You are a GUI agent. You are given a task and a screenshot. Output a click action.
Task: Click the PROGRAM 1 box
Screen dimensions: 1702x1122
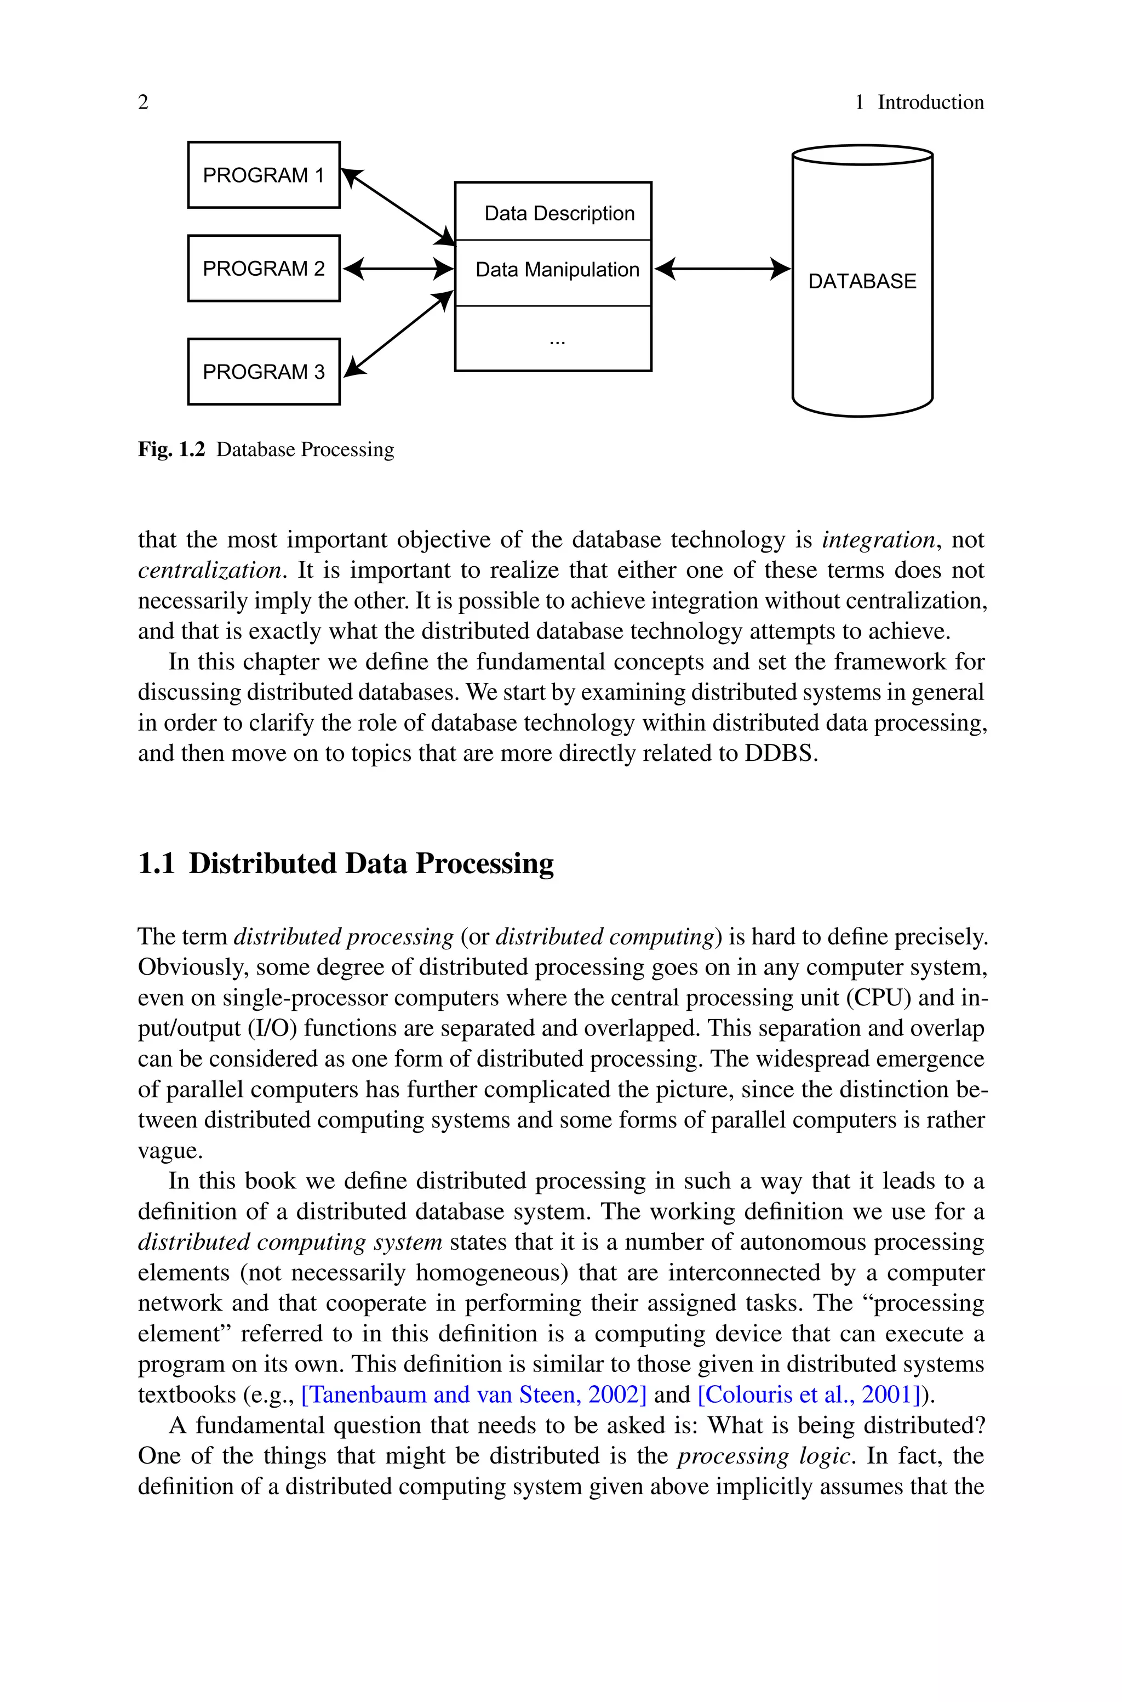264,175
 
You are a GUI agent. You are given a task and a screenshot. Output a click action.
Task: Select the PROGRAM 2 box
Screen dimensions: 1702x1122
264,269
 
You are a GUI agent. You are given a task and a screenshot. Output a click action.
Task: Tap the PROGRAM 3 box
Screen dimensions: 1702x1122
264,372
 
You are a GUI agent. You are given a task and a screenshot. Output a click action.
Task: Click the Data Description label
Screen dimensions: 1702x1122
559,213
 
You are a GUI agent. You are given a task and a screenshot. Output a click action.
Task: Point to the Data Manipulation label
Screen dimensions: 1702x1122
557,270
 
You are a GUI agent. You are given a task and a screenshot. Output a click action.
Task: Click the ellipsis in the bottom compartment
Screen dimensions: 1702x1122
557,342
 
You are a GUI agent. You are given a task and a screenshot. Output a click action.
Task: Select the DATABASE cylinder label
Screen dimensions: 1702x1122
862,281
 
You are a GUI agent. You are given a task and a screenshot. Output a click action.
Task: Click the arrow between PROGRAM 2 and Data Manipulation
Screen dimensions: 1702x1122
398,269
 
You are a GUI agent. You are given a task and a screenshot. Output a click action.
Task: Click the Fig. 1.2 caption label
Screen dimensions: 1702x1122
171,449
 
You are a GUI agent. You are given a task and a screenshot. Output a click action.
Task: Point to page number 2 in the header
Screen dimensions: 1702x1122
143,103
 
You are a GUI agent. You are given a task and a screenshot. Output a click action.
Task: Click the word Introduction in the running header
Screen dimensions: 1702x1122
930,103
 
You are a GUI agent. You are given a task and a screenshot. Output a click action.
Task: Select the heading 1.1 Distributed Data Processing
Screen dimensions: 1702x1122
346,863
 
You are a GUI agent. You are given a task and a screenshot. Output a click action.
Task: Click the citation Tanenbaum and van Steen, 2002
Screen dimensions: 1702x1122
474,1394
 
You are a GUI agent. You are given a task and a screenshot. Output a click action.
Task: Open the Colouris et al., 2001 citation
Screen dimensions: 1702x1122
809,1394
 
